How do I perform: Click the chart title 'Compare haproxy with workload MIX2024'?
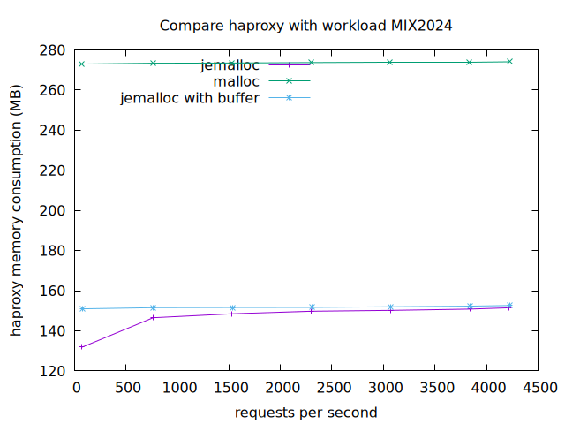[305, 26]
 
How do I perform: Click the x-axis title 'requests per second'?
[305, 413]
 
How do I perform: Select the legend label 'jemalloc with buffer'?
[190, 98]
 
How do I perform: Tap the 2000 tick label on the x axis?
[281, 387]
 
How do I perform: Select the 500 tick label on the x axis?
[126, 387]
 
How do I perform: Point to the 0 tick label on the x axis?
[75, 387]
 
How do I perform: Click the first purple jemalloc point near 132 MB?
[82, 347]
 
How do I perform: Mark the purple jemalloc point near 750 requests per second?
[153, 317]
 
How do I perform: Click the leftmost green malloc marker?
[82, 64]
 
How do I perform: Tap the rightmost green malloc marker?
[509, 61]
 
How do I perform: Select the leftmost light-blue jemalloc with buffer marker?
[82, 308]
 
